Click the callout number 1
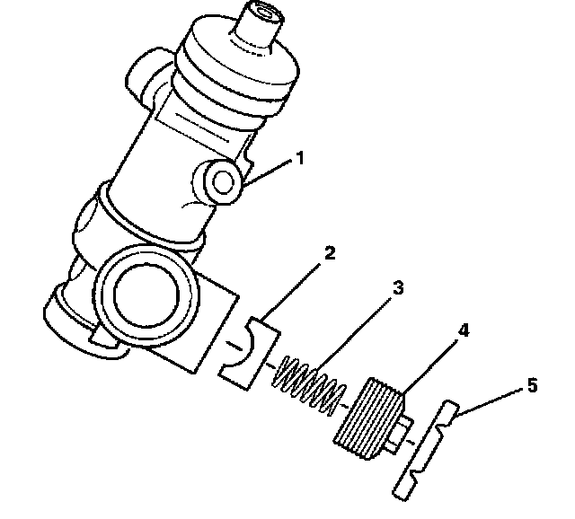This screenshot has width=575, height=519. (x=300, y=158)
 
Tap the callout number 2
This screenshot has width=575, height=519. (x=330, y=253)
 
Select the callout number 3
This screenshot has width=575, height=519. (x=398, y=287)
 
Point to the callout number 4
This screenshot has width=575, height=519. (x=464, y=330)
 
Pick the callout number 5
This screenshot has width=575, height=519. (x=533, y=385)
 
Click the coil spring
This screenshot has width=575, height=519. (x=309, y=386)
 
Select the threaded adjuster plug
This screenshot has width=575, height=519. (x=368, y=418)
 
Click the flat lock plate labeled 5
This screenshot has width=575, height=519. (x=425, y=450)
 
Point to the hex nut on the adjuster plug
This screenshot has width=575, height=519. (x=399, y=435)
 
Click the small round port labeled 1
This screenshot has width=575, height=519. (x=220, y=182)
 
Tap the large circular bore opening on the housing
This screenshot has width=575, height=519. (x=146, y=295)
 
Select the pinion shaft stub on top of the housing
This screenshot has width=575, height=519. (x=259, y=26)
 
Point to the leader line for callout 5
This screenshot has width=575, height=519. (x=490, y=402)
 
